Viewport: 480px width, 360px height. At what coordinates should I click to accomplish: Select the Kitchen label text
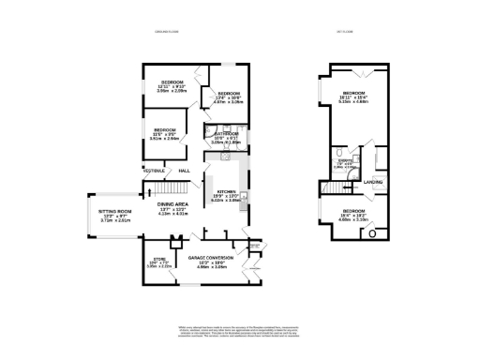pos(225,194)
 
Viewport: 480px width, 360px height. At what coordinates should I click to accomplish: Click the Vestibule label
pos(155,171)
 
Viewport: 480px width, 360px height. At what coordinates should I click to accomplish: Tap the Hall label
pos(184,171)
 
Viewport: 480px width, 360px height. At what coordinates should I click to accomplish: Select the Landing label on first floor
pos(372,182)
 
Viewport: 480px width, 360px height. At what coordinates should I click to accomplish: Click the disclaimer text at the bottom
pos(239,332)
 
